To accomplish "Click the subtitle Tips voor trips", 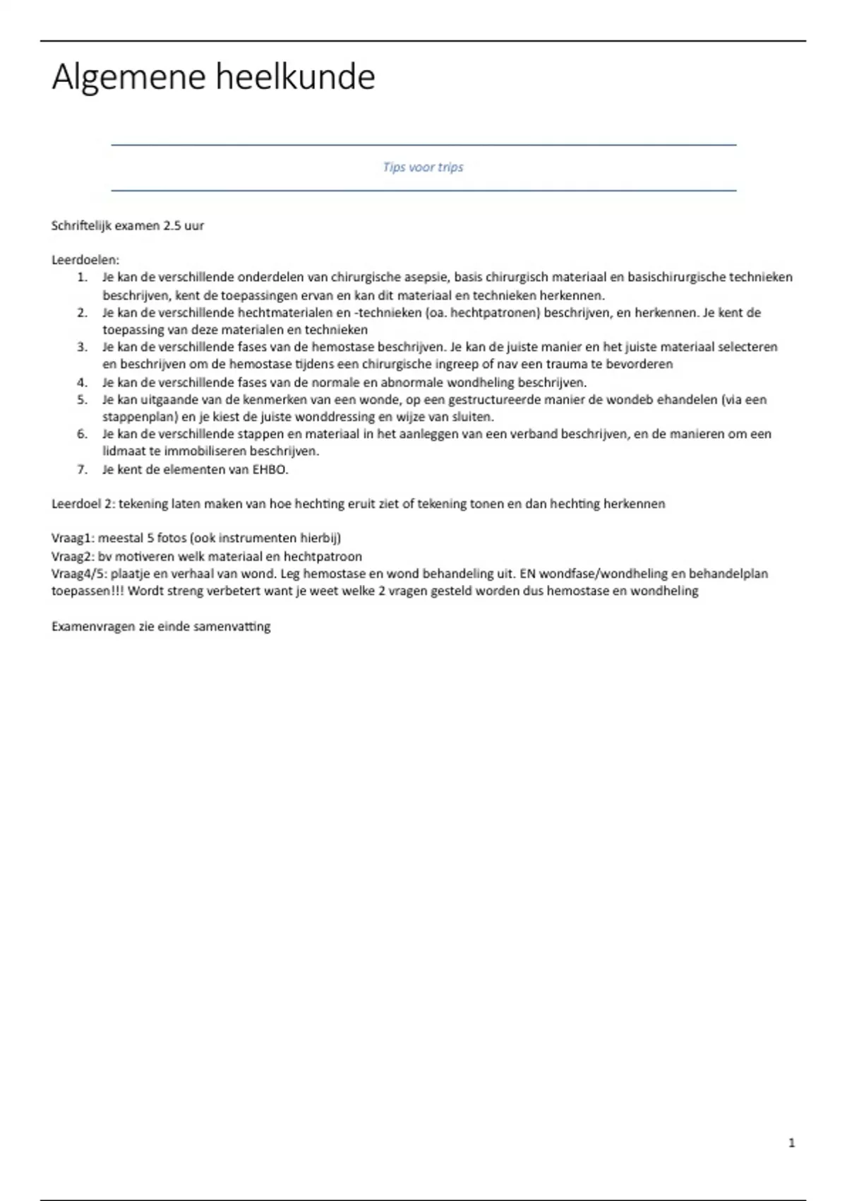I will (423, 167).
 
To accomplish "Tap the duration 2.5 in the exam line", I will (172, 226).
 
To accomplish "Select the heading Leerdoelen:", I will (85, 260).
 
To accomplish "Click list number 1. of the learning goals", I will (83, 278).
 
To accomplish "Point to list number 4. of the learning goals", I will (83, 383).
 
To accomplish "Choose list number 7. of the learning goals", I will (83, 470).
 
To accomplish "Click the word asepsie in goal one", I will (424, 278).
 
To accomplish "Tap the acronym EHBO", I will (270, 470).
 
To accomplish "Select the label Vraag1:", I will (73, 538).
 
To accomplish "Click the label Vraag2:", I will (73, 557).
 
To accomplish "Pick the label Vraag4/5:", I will (79, 574).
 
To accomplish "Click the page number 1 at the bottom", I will (791, 1142).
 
